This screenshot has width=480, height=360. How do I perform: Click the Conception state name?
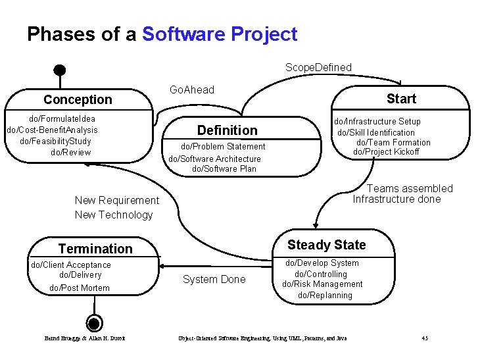click(78, 99)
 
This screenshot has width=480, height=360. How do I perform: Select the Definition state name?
click(227, 130)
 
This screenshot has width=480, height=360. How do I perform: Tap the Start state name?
click(401, 99)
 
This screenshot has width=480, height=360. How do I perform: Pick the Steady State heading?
click(327, 245)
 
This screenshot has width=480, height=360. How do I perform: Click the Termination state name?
click(95, 248)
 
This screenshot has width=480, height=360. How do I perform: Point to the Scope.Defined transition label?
click(318, 67)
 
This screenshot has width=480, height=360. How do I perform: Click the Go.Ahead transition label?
click(192, 90)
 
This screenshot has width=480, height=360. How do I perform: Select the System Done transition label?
click(214, 279)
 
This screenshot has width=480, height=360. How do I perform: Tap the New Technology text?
click(114, 215)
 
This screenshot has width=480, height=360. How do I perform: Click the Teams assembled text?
click(410, 188)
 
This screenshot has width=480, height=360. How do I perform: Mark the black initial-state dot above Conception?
click(60, 69)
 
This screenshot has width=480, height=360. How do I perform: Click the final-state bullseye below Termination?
click(95, 323)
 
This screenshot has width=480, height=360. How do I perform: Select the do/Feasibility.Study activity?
click(56, 141)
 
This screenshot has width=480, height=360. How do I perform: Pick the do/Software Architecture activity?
click(215, 159)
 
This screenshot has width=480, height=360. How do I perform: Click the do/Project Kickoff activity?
click(386, 152)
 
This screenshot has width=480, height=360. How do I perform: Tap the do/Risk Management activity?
click(322, 284)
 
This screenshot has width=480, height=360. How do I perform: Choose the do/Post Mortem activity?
click(80, 288)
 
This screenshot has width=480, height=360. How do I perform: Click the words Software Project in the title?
click(220, 34)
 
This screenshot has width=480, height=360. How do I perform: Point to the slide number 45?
click(425, 338)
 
